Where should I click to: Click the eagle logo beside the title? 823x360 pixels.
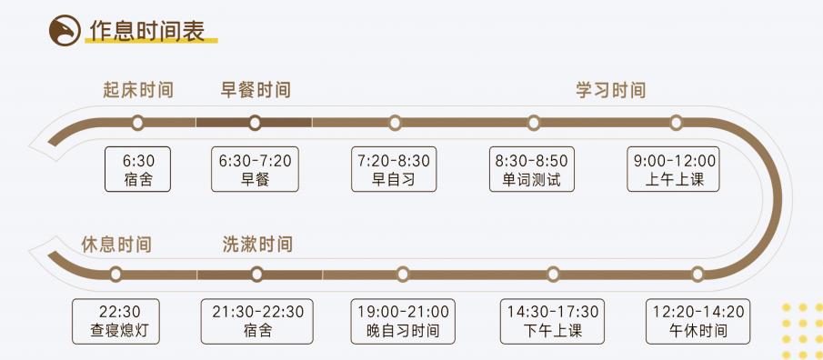[x=64, y=31]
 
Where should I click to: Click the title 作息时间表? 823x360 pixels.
[x=146, y=30]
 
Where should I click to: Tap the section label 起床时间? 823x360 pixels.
[x=138, y=90]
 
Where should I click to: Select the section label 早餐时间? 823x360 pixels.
[x=256, y=90]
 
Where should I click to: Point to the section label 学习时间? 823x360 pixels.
[x=610, y=90]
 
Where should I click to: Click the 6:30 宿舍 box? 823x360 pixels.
[x=138, y=169]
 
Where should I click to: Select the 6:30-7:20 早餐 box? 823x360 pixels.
[x=256, y=169]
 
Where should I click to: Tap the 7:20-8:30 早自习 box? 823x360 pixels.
[x=394, y=169]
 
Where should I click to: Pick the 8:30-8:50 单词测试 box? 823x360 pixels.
[x=532, y=169]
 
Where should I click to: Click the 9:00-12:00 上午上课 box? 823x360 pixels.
[x=675, y=169]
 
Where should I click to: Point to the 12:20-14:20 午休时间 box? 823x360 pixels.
[x=698, y=321]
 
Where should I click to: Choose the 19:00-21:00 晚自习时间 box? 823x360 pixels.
[x=403, y=321]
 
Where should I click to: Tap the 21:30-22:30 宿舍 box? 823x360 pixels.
[x=257, y=321]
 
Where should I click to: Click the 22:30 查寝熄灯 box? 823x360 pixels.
[x=115, y=321]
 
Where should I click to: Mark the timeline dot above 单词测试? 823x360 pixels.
[x=534, y=123]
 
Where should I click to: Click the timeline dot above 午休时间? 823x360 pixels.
[x=698, y=274]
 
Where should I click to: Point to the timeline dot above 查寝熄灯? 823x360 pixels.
[x=115, y=274]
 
